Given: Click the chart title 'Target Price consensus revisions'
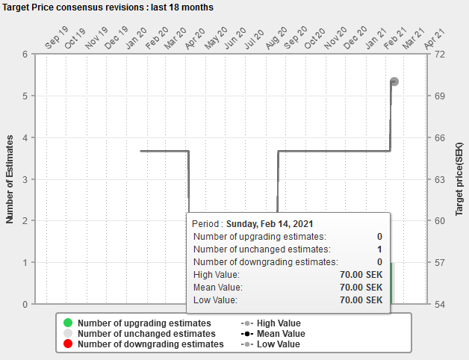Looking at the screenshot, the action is tap(73, 7).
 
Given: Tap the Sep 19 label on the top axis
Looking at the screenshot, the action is tap(57, 37).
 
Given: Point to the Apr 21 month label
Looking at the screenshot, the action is tap(435, 39).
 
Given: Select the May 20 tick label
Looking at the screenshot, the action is tap(216, 38).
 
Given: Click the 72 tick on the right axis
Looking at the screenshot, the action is tap(440, 55).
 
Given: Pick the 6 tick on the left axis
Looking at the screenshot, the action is tap(25, 55).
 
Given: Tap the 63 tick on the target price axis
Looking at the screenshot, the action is tap(440, 179).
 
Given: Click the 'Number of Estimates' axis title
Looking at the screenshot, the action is tap(10, 179).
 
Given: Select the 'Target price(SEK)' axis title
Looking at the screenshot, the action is tap(459, 179).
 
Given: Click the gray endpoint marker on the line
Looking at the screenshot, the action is tap(394, 81).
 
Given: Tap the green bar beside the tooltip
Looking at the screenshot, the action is tap(391, 283).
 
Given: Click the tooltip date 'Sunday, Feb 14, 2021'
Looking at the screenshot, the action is tap(270, 224).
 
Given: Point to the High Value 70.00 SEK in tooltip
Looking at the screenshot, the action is tap(361, 274).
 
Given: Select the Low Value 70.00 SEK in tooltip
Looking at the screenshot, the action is tap(361, 300).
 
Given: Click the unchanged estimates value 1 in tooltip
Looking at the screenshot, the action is tap(379, 249).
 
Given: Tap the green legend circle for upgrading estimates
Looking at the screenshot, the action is tap(68, 323).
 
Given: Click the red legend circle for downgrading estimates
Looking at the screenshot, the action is tap(68, 344).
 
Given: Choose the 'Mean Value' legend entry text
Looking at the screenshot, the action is tap(281, 333).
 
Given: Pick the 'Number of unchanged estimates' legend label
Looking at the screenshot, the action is tap(146, 333).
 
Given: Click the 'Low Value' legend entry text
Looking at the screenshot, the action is tap(278, 344).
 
